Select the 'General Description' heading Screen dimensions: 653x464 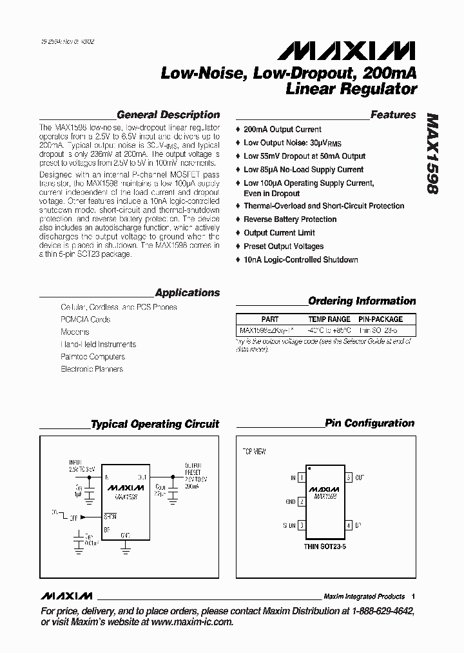(x=168, y=115)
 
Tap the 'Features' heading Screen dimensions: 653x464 (x=393, y=115)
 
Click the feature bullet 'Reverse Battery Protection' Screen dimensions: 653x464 (x=290, y=219)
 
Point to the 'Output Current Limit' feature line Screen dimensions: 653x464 (x=279, y=233)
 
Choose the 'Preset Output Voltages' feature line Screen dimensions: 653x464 (x=284, y=246)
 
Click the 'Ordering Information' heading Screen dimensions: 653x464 (x=362, y=301)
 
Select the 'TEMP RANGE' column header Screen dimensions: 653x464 (x=329, y=319)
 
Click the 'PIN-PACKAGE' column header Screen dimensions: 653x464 (x=380, y=319)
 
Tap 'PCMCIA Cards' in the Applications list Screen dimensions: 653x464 (x=85, y=319)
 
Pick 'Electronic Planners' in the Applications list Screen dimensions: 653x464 (x=92, y=369)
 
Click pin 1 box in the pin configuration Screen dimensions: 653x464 (x=301, y=477)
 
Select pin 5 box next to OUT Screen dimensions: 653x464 (x=349, y=477)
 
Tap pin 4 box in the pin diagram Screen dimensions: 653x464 (x=349, y=525)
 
